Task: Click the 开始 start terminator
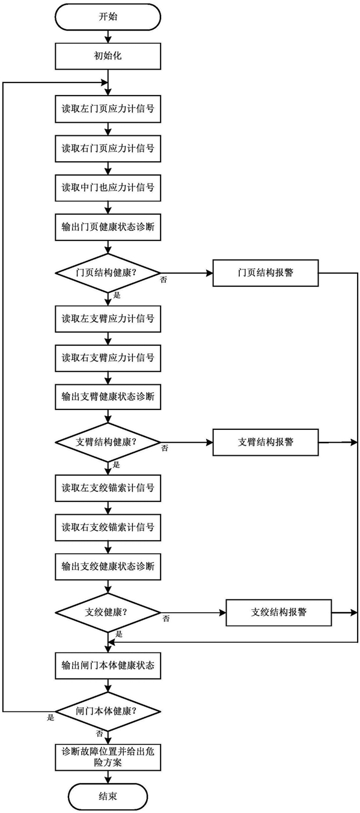(108, 17)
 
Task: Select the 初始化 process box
(108, 56)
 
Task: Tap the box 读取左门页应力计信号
(108, 109)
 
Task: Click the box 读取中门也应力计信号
(108, 188)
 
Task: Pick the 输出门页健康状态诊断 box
(108, 227)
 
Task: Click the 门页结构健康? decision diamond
(108, 272)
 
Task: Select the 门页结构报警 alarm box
(266, 273)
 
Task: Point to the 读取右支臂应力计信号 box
(108, 358)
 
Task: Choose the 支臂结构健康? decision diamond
(108, 442)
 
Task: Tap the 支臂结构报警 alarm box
(266, 442)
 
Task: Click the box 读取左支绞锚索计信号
(108, 488)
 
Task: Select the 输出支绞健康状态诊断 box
(108, 566)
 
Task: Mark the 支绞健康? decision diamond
(108, 612)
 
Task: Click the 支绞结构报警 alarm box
(279, 613)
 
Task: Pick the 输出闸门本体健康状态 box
(108, 666)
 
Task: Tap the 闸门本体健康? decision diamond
(108, 711)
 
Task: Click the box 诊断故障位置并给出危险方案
(108, 758)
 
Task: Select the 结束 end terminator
(108, 796)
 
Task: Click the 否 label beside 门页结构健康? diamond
(163, 280)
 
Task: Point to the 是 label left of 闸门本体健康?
(50, 717)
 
